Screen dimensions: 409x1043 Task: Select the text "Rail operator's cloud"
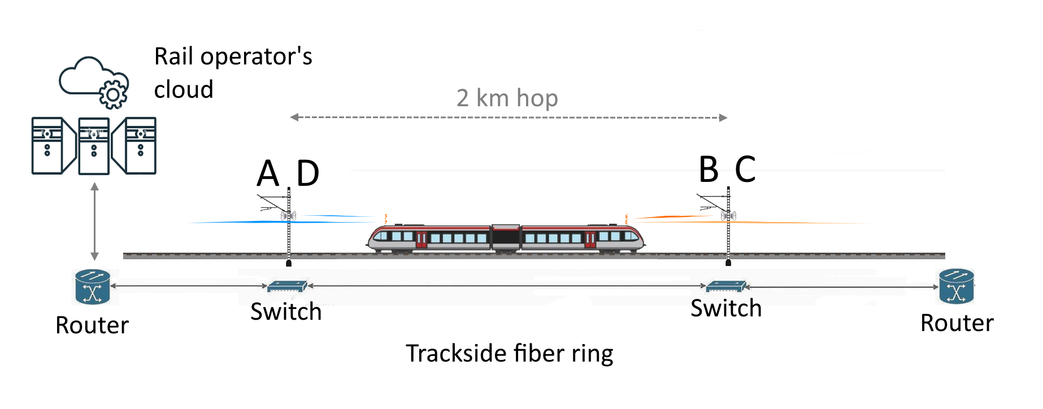point(233,73)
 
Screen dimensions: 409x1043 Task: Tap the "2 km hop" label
point(507,98)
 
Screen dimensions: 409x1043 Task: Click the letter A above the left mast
point(268,173)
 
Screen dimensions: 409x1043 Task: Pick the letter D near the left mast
point(308,173)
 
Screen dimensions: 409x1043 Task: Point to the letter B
point(709,169)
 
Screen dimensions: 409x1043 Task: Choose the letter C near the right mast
point(745,169)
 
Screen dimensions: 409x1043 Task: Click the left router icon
point(92,286)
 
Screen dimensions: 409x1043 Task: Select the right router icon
point(956,286)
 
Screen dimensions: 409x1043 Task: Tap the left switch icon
point(287,286)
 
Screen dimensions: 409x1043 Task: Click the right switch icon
point(727,286)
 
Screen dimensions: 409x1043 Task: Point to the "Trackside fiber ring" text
point(509,354)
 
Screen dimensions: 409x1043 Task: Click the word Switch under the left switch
point(286,312)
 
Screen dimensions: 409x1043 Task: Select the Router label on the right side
point(957,323)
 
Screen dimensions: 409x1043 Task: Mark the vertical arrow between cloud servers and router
point(95,221)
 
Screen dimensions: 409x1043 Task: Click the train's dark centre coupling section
point(506,237)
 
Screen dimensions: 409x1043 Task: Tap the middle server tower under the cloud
point(94,146)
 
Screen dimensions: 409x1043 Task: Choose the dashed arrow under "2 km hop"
point(508,118)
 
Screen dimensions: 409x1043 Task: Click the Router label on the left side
point(92,325)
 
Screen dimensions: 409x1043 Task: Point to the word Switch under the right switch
point(726,308)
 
